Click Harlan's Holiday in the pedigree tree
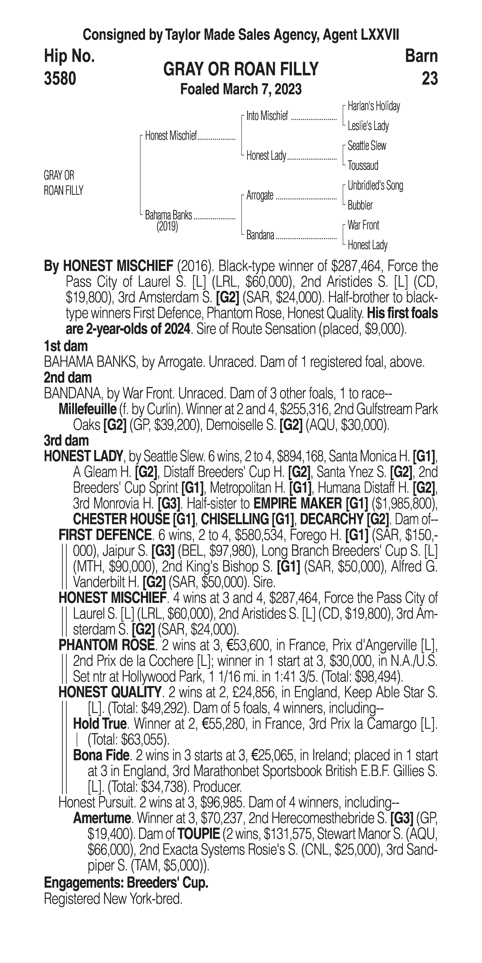click(x=374, y=106)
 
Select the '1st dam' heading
click(x=66, y=346)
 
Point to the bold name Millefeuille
click(x=87, y=409)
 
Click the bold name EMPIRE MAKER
click(x=297, y=504)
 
